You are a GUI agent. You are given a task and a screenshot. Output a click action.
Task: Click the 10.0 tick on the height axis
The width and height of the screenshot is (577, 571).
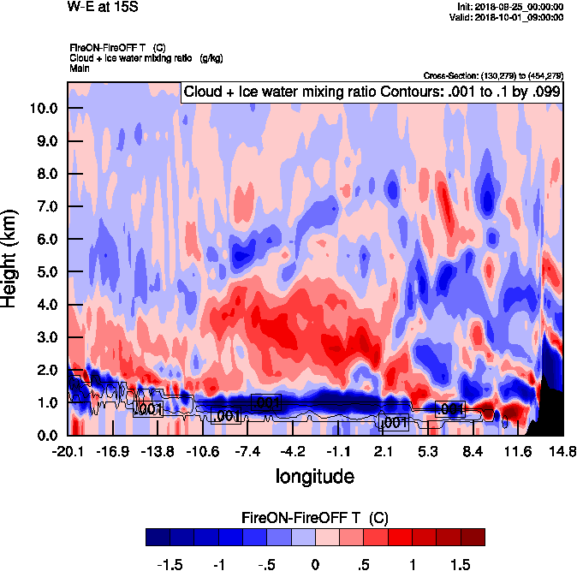tap(44, 109)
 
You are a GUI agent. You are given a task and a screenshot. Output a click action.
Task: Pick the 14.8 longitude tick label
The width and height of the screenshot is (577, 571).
tap(562, 451)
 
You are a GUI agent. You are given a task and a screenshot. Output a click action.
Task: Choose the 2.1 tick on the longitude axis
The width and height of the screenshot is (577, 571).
tap(384, 451)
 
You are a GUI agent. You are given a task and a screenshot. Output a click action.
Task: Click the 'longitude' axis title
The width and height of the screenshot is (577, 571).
tap(314, 475)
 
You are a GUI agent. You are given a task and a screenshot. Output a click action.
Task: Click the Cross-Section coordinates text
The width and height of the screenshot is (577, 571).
tap(493, 76)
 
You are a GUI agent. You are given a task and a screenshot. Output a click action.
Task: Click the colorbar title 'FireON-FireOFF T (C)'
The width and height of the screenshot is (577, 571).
tap(315, 518)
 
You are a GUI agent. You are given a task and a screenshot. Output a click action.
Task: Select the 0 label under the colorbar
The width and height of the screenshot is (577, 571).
tap(315, 564)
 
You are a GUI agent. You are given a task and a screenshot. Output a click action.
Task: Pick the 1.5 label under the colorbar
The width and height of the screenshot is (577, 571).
tap(461, 564)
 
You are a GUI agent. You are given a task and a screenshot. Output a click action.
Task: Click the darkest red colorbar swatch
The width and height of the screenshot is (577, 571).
tap(473, 537)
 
